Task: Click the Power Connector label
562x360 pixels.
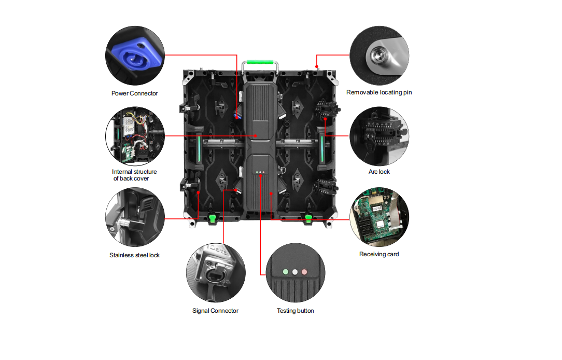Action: click(x=134, y=93)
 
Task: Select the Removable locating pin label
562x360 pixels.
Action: click(x=379, y=92)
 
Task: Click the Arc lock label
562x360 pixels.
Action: click(x=378, y=172)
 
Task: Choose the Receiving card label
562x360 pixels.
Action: click(x=379, y=254)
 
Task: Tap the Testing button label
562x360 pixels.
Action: click(x=295, y=311)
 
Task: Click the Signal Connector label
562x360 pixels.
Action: click(x=215, y=311)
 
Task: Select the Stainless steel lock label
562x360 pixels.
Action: click(x=134, y=255)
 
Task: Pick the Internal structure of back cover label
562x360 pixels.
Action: click(x=134, y=175)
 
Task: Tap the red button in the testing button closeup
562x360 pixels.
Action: click(x=304, y=271)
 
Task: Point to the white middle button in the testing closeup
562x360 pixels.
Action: click(x=294, y=271)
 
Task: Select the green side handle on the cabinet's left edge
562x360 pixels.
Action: click(x=198, y=148)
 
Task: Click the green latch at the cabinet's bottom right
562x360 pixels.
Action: click(x=309, y=218)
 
